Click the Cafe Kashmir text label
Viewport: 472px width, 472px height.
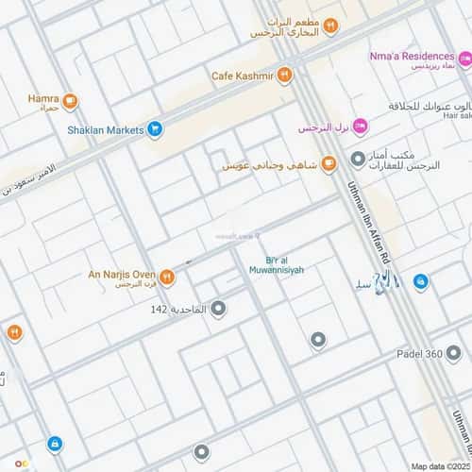pyautogui.click(x=242, y=76)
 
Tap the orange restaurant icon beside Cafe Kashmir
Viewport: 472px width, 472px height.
pyautogui.click(x=284, y=76)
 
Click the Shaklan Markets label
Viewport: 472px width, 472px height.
pyautogui.click(x=105, y=129)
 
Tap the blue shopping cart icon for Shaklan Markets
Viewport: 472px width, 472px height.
pyautogui.click(x=155, y=129)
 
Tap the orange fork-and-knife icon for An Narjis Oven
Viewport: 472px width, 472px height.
pyautogui.click(x=167, y=277)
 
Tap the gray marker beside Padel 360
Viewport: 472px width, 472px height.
pyautogui.click(x=383, y=355)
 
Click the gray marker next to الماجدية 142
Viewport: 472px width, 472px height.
pyautogui.click(x=219, y=308)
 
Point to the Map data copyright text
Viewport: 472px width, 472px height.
pyautogui.click(x=441, y=465)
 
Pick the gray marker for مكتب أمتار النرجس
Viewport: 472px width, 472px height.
pyautogui.click(x=358, y=159)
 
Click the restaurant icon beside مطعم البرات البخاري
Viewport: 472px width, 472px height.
pyautogui.click(x=331, y=25)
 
